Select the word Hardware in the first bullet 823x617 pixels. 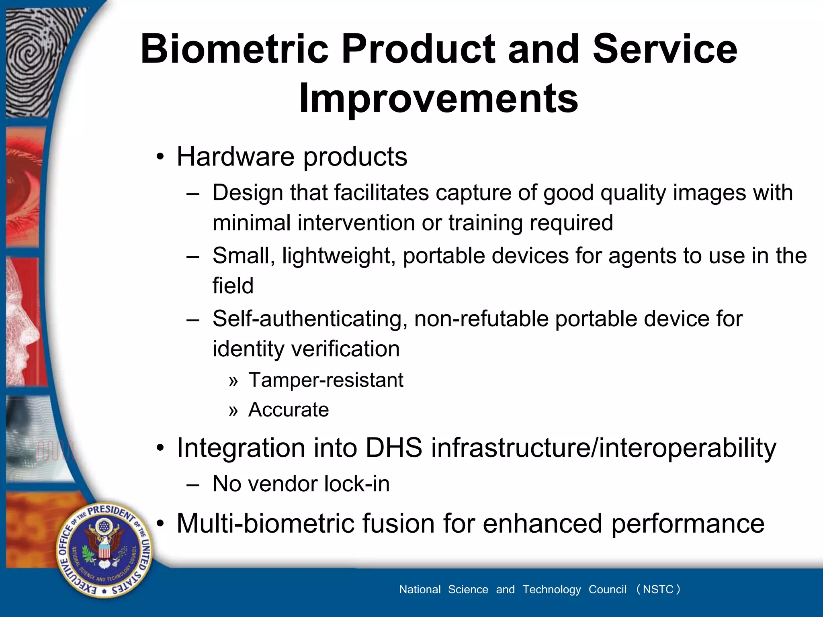click(x=235, y=156)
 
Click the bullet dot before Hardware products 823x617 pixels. click(x=160, y=157)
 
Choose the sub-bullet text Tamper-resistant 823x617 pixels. click(x=326, y=380)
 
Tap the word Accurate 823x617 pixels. click(x=289, y=410)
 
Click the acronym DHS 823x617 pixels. click(x=394, y=447)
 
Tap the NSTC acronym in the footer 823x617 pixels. click(x=658, y=589)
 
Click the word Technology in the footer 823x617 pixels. click(x=551, y=589)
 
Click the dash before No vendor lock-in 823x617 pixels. click(x=193, y=484)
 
